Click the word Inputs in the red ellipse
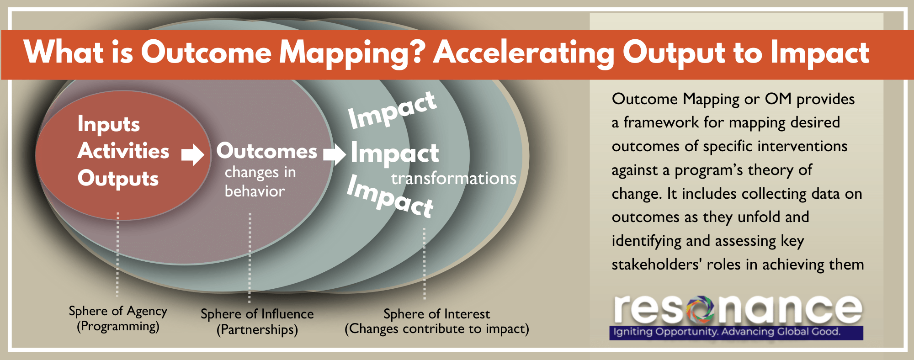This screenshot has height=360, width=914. tap(109, 124)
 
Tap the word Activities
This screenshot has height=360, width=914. tap(123, 151)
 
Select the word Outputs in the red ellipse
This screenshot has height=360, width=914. tap(118, 179)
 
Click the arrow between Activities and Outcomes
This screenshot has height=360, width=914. tap(192, 154)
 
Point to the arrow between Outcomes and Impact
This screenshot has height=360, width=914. tap(335, 154)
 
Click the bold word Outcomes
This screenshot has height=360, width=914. tap(266, 151)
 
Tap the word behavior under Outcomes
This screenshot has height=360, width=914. tap(255, 191)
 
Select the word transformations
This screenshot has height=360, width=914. tap(453, 178)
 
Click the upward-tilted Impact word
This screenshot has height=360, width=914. tap(392, 110)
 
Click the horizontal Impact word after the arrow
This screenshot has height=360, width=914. tap(395, 153)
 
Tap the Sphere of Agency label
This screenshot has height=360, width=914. tap(118, 318)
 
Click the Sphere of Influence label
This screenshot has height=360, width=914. tap(257, 322)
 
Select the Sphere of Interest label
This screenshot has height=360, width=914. tap(436, 321)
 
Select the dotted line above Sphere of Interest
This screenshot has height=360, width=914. tap(424, 263)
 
